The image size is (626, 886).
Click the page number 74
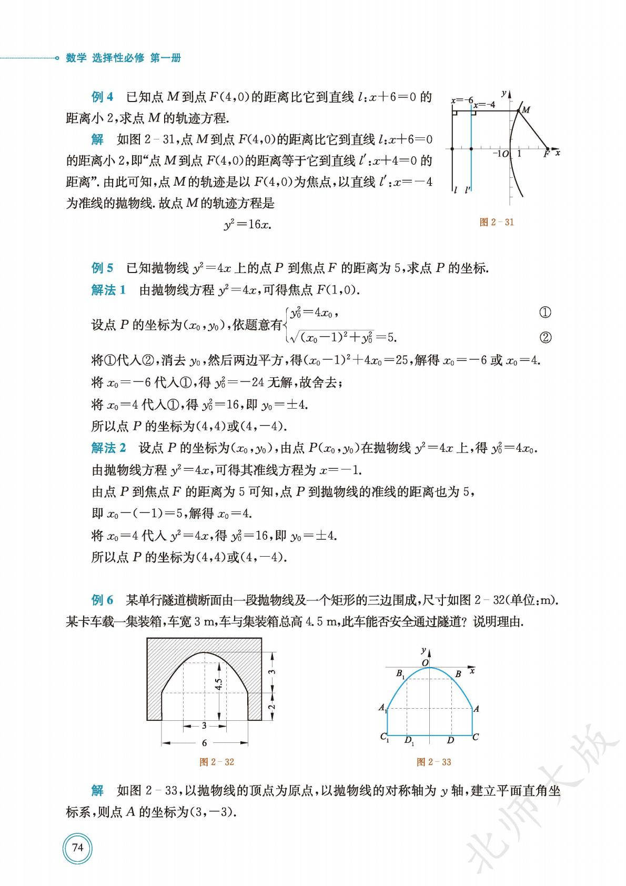point(77,848)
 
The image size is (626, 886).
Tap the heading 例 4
point(102,97)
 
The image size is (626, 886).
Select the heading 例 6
point(102,600)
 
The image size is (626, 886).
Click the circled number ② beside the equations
point(546,338)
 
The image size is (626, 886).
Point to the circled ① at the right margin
point(546,313)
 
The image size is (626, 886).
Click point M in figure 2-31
point(525,110)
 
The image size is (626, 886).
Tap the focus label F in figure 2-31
point(547,154)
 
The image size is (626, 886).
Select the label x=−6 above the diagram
point(462,100)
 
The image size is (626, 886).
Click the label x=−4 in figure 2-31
point(484,105)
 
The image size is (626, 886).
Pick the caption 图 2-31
point(497,222)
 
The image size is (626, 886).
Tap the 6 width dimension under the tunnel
point(204,743)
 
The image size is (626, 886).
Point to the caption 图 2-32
point(217,762)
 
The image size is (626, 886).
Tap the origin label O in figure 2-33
point(425,663)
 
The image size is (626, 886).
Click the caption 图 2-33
point(433,762)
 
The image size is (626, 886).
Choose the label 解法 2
point(108,448)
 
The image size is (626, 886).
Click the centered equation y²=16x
point(247,225)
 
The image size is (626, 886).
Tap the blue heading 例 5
point(102,268)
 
